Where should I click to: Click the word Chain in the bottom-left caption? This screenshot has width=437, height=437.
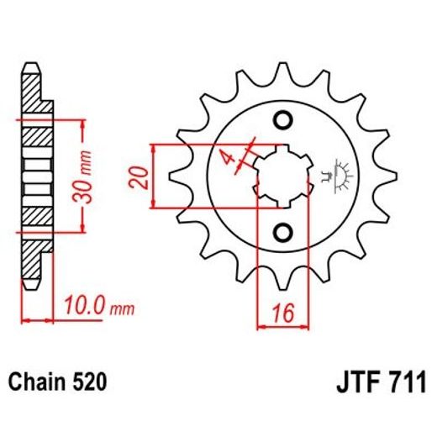[x=35, y=383]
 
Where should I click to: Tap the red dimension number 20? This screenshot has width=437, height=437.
[x=142, y=176]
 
